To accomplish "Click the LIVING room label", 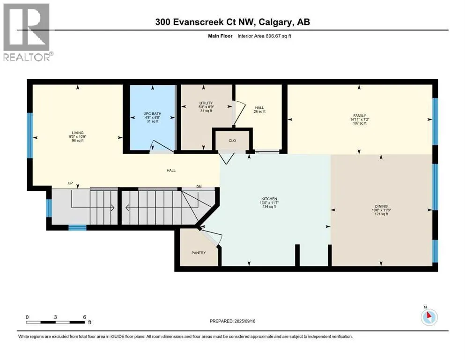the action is (78, 133).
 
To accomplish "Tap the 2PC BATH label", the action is (153, 113).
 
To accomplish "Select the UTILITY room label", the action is (206, 103).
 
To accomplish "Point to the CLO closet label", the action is (232, 140).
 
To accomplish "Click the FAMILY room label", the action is (360, 115).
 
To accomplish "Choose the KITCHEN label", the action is (269, 199).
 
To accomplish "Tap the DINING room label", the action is (381, 206).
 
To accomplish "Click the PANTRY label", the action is (199, 253).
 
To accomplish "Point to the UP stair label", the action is (70, 183).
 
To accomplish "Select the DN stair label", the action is (199, 187).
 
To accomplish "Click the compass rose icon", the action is (429, 317).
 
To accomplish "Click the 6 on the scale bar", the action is (84, 317).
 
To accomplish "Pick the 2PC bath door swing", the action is (162, 147).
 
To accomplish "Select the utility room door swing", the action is (239, 113).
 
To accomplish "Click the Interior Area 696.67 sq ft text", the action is (264, 36).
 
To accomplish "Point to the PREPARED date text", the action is (232, 321).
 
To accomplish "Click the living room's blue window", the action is (30, 135).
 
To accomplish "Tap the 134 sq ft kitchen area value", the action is (269, 207).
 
